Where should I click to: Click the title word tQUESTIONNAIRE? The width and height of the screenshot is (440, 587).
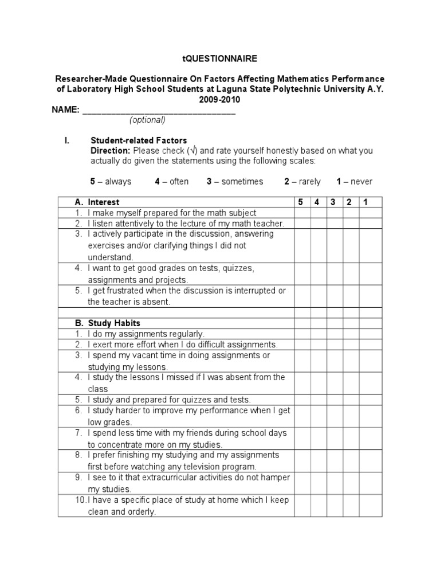tap(219, 58)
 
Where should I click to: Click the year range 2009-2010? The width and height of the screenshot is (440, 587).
tap(219, 99)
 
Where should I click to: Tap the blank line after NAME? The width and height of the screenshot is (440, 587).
tap(159, 110)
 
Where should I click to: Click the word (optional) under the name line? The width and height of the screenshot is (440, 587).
tap(147, 120)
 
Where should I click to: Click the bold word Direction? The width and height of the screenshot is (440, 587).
tap(111, 151)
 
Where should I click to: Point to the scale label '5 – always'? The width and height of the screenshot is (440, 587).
tap(111, 182)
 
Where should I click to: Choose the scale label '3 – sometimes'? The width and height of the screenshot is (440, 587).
tap(235, 182)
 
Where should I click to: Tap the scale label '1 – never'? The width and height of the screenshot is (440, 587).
tap(354, 182)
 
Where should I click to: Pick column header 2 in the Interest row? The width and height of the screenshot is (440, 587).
tap(349, 202)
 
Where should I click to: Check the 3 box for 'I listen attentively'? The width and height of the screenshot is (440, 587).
tap(333, 224)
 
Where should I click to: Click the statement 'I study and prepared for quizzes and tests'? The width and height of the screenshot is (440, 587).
tap(169, 400)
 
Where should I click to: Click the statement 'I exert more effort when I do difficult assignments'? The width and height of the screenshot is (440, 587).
tap(182, 345)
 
